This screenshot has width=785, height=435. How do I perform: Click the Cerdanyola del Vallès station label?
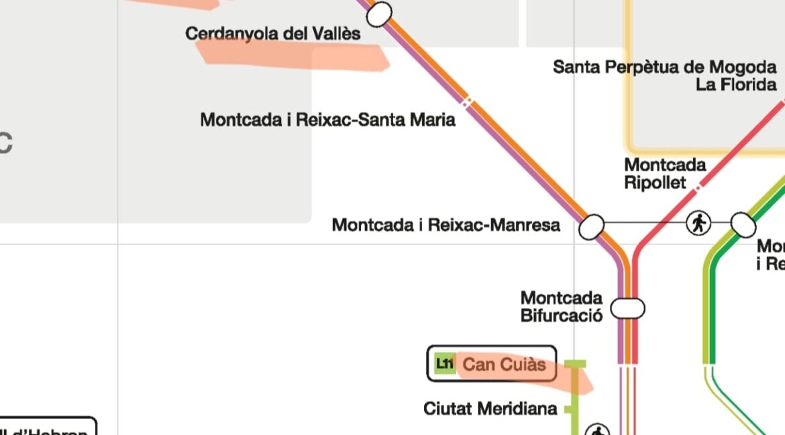coord(272,34)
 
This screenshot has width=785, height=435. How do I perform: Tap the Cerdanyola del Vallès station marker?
coord(379,14)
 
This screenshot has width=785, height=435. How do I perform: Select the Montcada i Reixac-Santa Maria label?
coord(327,120)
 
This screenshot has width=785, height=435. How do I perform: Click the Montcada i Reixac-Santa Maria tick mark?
coord(467,102)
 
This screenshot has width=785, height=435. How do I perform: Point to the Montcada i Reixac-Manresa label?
coord(446,225)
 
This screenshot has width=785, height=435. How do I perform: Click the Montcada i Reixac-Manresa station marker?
coord(591,227)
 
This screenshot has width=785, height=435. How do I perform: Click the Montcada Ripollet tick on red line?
coord(698,183)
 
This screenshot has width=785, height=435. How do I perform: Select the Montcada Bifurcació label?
coord(561,306)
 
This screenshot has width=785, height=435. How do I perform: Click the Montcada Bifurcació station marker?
coord(627,308)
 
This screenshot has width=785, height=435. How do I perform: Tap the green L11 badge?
coord(444,364)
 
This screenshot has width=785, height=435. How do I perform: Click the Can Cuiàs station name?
coord(505,365)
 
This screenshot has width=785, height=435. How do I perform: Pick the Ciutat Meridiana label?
coord(490,408)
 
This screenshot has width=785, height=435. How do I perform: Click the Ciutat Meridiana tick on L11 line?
coord(569,409)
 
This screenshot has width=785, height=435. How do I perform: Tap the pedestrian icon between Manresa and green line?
coord(698,223)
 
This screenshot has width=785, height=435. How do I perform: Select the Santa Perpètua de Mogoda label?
coord(664,67)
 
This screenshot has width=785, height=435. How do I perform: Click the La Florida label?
coord(736,85)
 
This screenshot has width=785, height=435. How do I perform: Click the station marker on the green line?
coord(743,225)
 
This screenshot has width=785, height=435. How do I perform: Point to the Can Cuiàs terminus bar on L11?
coord(574,364)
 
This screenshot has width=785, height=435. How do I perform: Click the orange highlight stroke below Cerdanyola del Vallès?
coord(295,55)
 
